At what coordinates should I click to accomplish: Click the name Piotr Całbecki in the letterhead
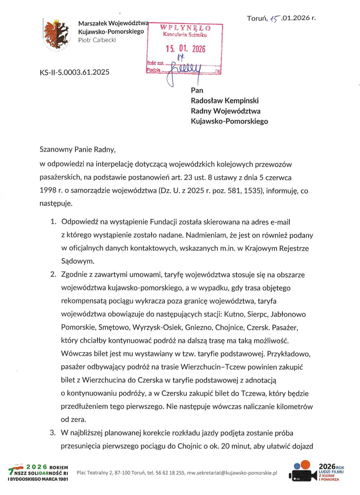coord(97,40)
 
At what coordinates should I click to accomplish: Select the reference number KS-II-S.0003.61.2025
coord(74,72)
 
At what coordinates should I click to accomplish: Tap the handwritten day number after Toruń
coord(275,19)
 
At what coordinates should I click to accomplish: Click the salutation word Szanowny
coord(55,149)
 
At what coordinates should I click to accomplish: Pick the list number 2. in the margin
coord(53,275)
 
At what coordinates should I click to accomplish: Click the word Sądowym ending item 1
coord(78,261)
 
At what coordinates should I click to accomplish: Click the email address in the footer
coord(232,473)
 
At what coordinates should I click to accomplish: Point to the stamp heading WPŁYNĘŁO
coord(185,28)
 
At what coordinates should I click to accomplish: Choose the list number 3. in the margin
coord(53,433)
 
